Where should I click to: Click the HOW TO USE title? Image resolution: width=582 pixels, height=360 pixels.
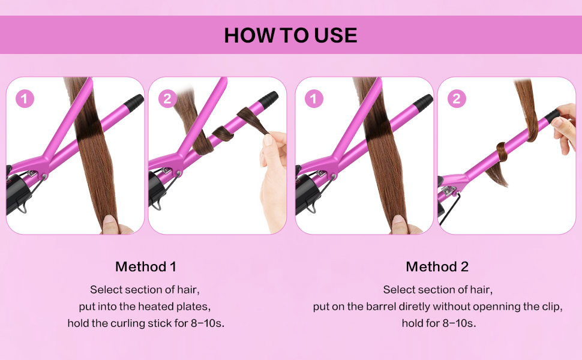(290, 35)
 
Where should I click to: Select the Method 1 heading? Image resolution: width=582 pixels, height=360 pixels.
(146, 266)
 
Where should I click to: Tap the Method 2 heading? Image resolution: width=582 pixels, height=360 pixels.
(437, 266)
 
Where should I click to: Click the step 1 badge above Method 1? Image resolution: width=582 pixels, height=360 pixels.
(24, 98)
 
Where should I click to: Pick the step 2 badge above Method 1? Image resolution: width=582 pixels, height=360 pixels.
(167, 98)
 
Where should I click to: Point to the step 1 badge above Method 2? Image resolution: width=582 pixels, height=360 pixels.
(314, 98)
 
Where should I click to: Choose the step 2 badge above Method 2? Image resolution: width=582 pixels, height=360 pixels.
(457, 98)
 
